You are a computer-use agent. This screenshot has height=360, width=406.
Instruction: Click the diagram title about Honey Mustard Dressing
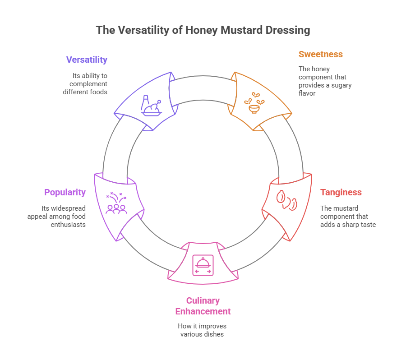[x=203, y=30]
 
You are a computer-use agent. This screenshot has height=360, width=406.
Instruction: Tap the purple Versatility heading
[x=87, y=60]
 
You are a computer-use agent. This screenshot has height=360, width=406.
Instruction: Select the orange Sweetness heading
[x=320, y=54]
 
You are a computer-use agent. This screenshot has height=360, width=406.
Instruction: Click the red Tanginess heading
[x=341, y=192]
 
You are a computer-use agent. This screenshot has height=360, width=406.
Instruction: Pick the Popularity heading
[x=65, y=192]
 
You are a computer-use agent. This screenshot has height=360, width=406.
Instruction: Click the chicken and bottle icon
[x=151, y=105]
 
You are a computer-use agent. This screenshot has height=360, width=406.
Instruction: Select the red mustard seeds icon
[x=287, y=200]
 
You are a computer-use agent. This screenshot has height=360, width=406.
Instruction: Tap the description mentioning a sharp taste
[x=347, y=216]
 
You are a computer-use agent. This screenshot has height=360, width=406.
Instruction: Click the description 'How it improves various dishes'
[x=203, y=330]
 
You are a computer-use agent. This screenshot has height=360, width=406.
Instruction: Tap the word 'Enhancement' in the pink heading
[x=203, y=311]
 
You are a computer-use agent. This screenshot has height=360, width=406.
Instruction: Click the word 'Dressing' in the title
[x=289, y=30]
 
